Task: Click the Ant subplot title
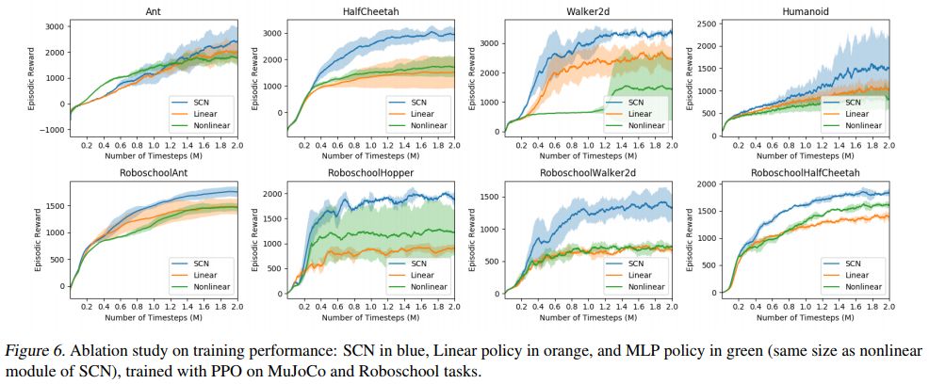(x=153, y=11)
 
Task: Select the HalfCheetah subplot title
(x=372, y=11)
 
